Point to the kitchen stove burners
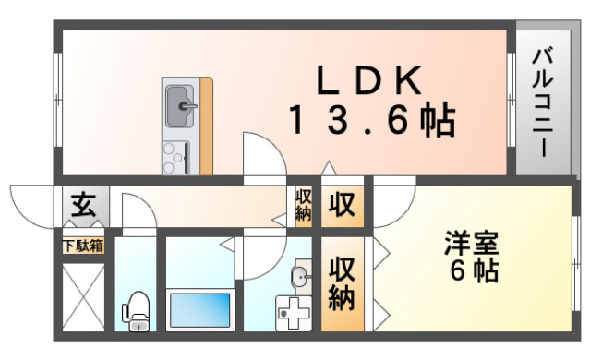coord(175,156)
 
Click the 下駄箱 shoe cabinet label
coord(83,246)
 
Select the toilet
coord(136,310)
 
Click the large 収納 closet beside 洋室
coord(342,283)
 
